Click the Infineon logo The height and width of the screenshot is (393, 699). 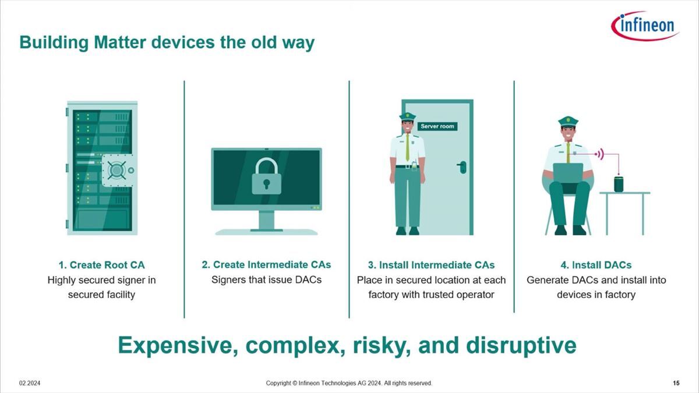click(645, 26)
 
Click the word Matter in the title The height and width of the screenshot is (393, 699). click(120, 42)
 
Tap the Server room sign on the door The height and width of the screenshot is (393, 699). click(437, 126)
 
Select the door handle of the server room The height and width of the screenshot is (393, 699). click(462, 167)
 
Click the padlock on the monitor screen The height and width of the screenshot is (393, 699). click(267, 176)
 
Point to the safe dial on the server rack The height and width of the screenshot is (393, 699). click(117, 170)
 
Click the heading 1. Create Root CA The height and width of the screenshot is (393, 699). click(102, 265)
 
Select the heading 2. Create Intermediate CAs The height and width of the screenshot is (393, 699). click(266, 264)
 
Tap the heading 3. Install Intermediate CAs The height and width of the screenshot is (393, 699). click(431, 265)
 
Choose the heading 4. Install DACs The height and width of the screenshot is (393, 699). click(596, 265)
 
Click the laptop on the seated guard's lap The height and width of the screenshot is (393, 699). click(569, 173)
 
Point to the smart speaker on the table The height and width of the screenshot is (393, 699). click(619, 184)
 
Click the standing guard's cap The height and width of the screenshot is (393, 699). click(408, 116)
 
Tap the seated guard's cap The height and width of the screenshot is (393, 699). click(569, 121)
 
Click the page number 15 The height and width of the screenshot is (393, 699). click(676, 383)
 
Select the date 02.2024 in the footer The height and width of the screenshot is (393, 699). click(30, 383)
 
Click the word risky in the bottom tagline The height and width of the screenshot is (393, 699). click(382, 346)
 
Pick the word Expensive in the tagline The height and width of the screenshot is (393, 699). click(178, 346)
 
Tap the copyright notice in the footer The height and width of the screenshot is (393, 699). click(349, 383)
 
